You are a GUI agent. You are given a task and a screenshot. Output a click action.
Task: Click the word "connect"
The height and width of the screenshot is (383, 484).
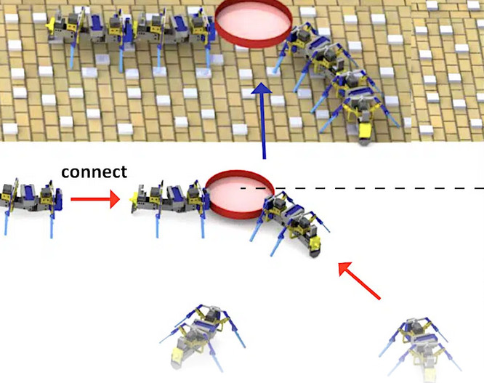[x=94, y=172]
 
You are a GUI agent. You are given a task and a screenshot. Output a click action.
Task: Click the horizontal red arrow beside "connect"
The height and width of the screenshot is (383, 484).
[x=95, y=199]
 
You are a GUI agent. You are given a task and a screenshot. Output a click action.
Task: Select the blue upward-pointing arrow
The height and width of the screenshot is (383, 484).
[x=262, y=121]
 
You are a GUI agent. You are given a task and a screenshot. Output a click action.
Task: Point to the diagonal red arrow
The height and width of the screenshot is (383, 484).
[x=359, y=281]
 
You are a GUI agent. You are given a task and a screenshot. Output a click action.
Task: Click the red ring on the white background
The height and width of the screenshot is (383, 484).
[x=240, y=194]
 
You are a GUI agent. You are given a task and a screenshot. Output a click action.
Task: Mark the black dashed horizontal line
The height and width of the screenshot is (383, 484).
[x=362, y=188]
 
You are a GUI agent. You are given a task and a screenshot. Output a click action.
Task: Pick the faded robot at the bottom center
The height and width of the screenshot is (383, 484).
[x=202, y=337]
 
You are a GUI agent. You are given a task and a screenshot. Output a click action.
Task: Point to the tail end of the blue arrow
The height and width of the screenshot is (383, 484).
[x=264, y=158]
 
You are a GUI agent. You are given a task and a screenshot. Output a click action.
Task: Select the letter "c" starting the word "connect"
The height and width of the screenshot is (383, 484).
[x=65, y=173]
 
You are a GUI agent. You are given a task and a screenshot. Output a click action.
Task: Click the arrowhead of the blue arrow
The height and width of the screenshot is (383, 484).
[x=262, y=88]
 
